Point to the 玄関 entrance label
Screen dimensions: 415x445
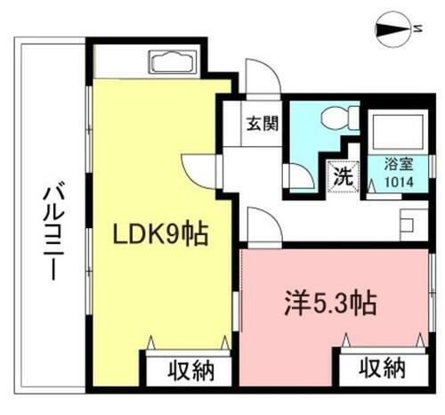[262, 122]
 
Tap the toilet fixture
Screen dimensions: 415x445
[338, 118]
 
